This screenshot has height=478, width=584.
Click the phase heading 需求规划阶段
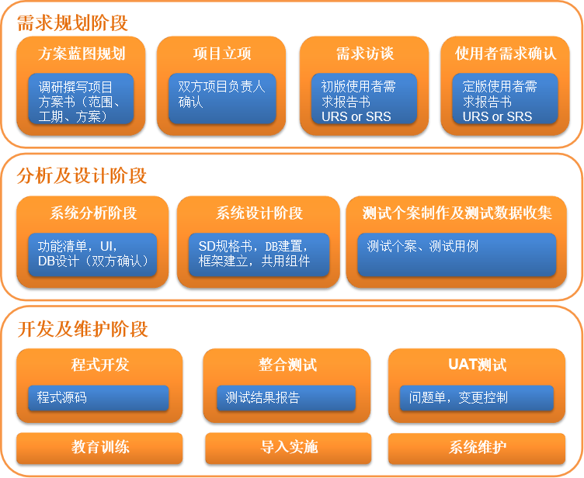tap(73, 23)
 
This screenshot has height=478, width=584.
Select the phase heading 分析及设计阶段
tap(82, 175)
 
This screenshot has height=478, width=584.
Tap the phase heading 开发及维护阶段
tap(82, 329)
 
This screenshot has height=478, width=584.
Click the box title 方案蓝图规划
tap(82, 54)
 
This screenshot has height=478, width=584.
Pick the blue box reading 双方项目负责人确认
tap(222, 99)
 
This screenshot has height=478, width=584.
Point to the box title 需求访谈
tap(365, 54)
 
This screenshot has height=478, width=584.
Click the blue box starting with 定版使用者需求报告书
tap(505, 99)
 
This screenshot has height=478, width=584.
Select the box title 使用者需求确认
tap(506, 54)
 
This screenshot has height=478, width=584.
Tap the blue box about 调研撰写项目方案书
tap(81, 99)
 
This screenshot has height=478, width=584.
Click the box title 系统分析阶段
tap(93, 213)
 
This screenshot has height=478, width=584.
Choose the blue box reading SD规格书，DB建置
tap(259, 255)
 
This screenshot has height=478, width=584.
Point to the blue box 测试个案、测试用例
tap(457, 255)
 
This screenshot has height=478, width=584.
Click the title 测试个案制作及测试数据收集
tap(457, 213)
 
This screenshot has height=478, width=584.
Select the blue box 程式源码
tap(99, 397)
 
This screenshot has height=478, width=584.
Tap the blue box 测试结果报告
tap(287, 397)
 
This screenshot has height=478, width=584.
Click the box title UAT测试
tap(478, 365)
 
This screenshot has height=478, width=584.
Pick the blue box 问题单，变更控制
tap(477, 397)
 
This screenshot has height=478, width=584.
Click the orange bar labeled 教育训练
tap(99, 449)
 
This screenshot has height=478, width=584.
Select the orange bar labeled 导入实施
tap(288, 449)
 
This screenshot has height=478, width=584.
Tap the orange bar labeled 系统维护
tap(477, 449)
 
